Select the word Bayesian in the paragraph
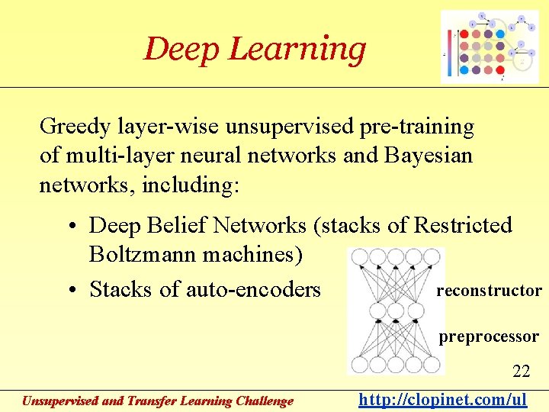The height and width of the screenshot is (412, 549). [429, 156]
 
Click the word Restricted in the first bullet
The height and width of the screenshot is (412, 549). [462, 226]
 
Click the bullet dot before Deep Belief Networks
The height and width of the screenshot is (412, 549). [69, 227]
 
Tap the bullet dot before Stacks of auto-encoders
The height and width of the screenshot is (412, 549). [69, 291]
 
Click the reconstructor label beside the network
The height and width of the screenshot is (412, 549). [489, 291]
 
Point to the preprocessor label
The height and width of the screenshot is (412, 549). [489, 336]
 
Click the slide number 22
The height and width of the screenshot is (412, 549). [522, 372]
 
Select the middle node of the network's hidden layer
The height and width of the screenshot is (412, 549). [395, 311]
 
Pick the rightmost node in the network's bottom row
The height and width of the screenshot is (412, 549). [432, 364]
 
